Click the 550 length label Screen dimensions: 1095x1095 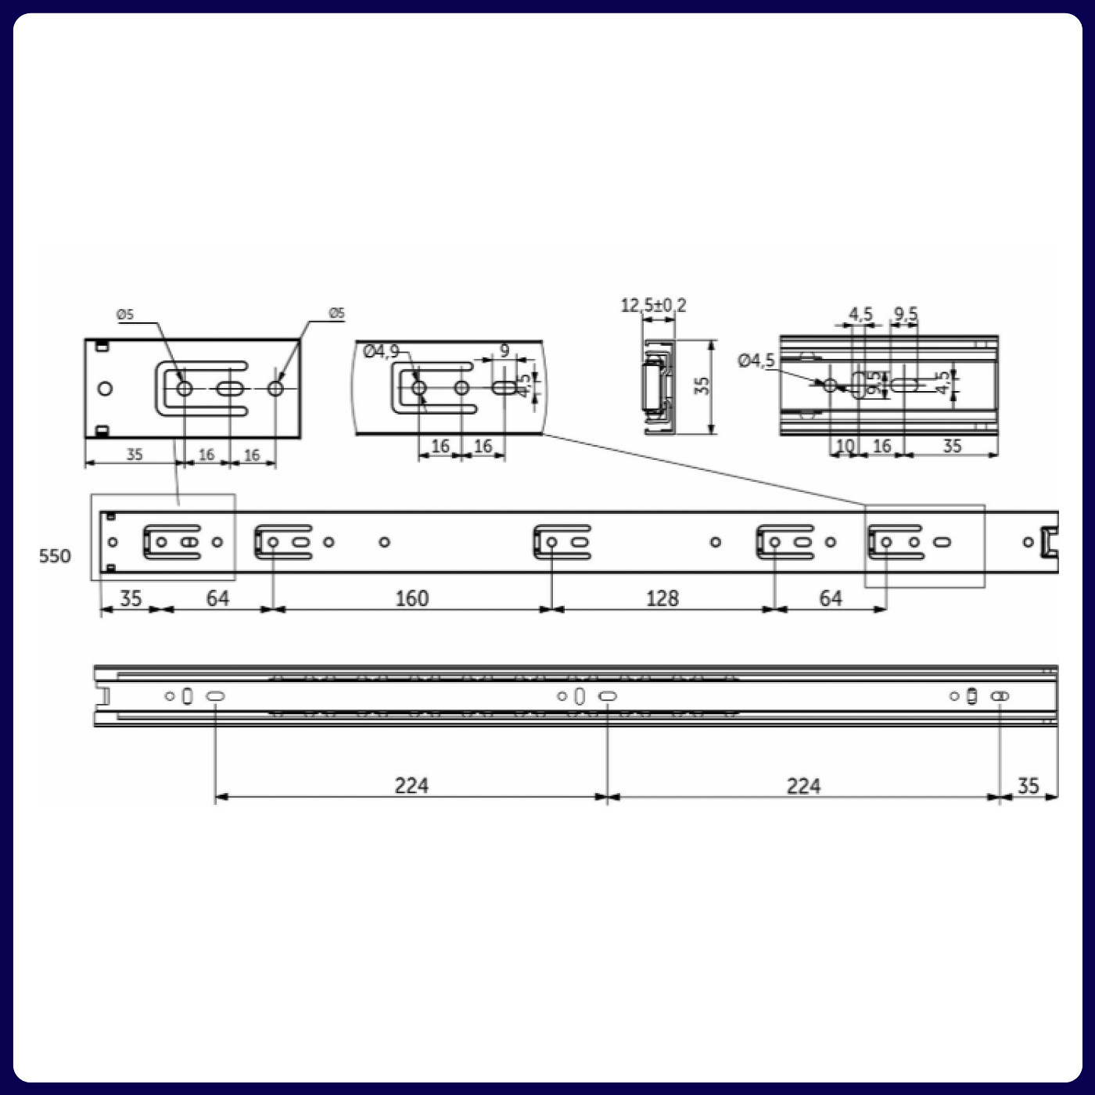55,556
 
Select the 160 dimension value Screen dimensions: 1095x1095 411,598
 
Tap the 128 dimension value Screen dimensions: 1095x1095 662,598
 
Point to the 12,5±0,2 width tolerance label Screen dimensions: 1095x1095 653,305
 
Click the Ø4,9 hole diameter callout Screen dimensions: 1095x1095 381,351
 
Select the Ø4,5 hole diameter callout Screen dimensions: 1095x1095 756,361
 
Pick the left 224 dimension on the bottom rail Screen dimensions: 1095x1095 411,785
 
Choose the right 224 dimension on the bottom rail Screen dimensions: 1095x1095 803,785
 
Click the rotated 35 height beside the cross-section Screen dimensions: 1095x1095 702,386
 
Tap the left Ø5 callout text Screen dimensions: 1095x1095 125,314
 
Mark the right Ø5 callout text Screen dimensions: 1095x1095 336,313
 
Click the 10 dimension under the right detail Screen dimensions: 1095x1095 845,446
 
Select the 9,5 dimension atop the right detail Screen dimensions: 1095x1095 906,314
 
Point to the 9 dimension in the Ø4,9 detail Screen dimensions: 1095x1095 504,350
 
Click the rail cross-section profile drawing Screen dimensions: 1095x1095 657,387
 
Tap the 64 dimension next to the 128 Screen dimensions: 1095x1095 830,598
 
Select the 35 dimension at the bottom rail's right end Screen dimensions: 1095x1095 1028,785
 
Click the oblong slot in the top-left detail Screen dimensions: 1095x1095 230,389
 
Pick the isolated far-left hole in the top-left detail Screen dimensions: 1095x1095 105,389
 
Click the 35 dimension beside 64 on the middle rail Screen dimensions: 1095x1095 130,598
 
